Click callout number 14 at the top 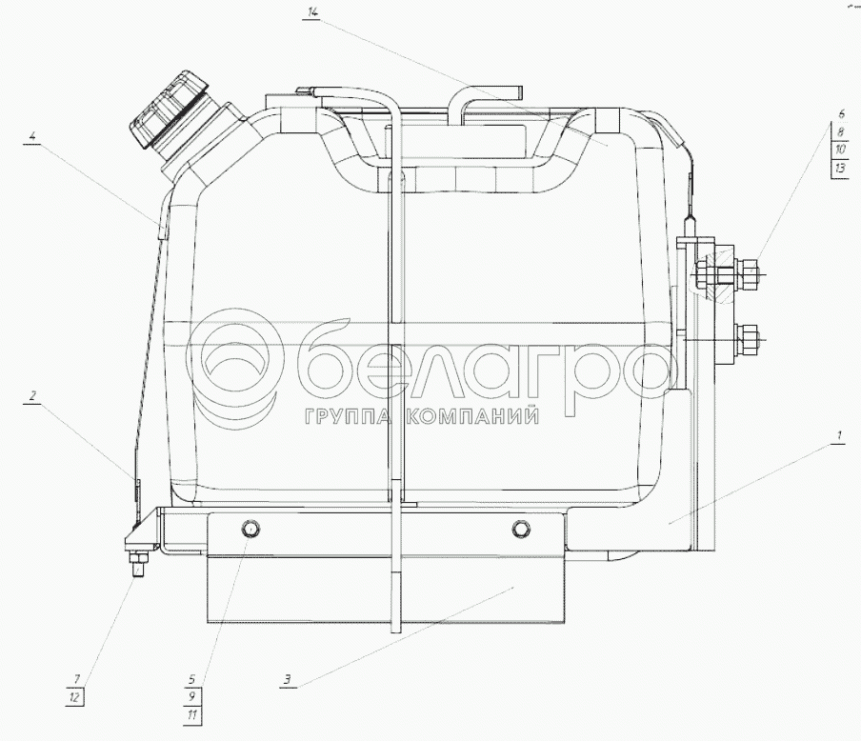point(311,13)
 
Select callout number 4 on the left point(33,135)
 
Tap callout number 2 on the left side point(32,395)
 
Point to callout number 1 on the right point(838,436)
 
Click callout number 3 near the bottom point(287,679)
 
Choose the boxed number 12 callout point(74,697)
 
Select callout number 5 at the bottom point(192,679)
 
